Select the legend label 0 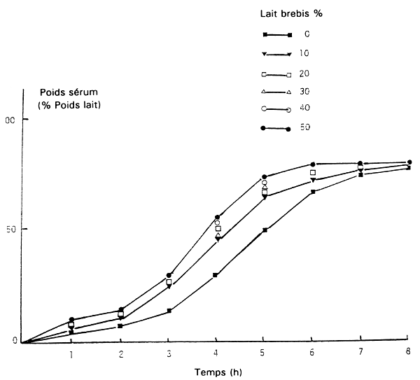click(307, 34)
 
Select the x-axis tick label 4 click(216, 354)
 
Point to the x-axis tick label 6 click(312, 354)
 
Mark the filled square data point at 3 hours click(169, 311)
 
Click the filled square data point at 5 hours click(265, 230)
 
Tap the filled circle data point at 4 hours click(217, 217)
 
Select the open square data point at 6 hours click(313, 172)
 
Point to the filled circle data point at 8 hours click(409, 162)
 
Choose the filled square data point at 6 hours click(312, 191)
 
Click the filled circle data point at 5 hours click(265, 177)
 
